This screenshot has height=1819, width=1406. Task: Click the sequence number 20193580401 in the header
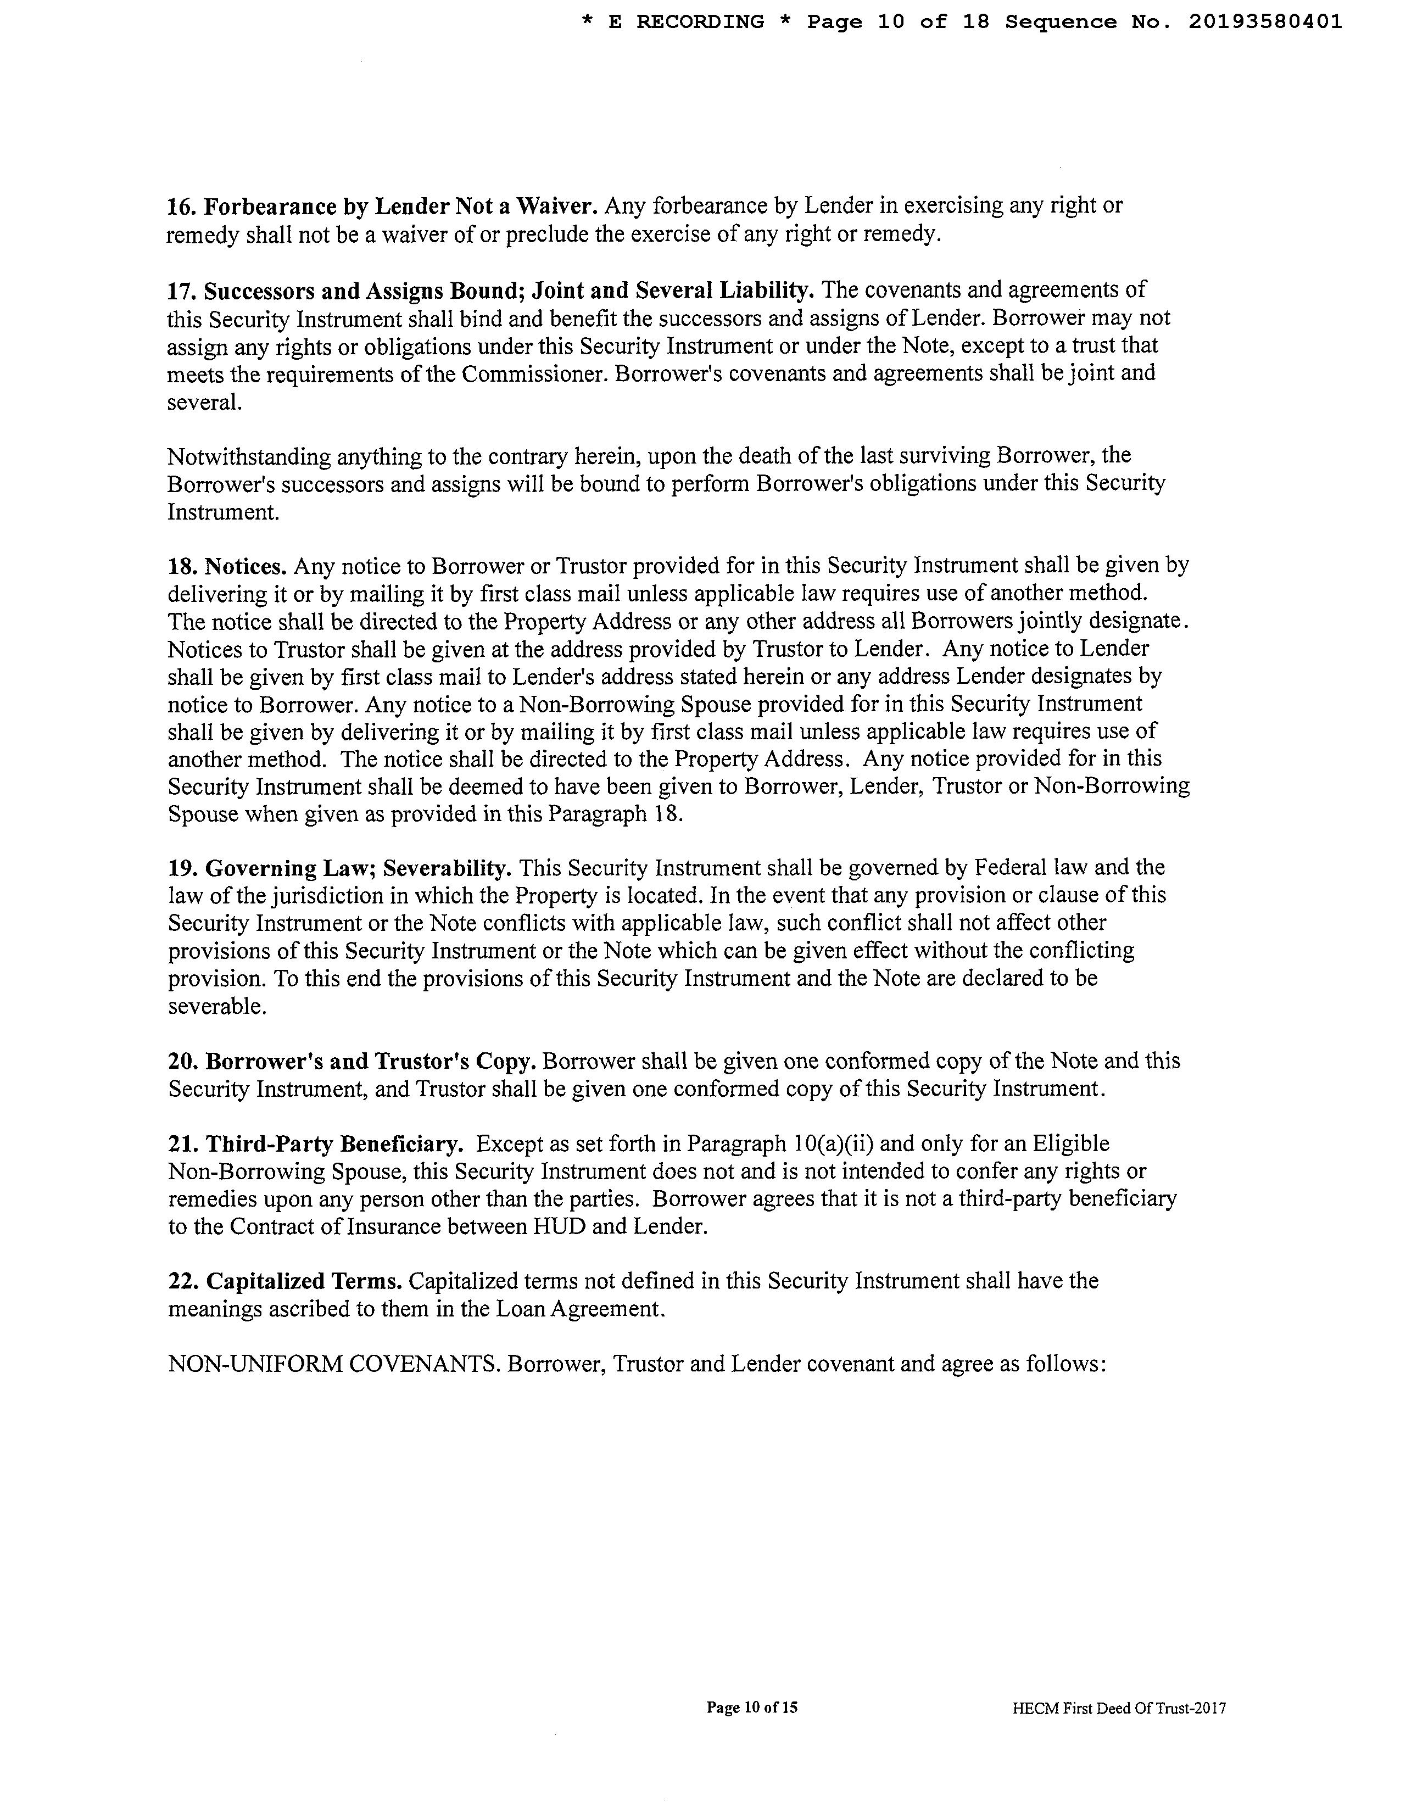[1264, 21]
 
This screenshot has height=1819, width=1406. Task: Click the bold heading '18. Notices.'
[227, 566]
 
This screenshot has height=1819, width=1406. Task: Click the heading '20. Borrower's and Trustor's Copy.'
[351, 1062]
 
